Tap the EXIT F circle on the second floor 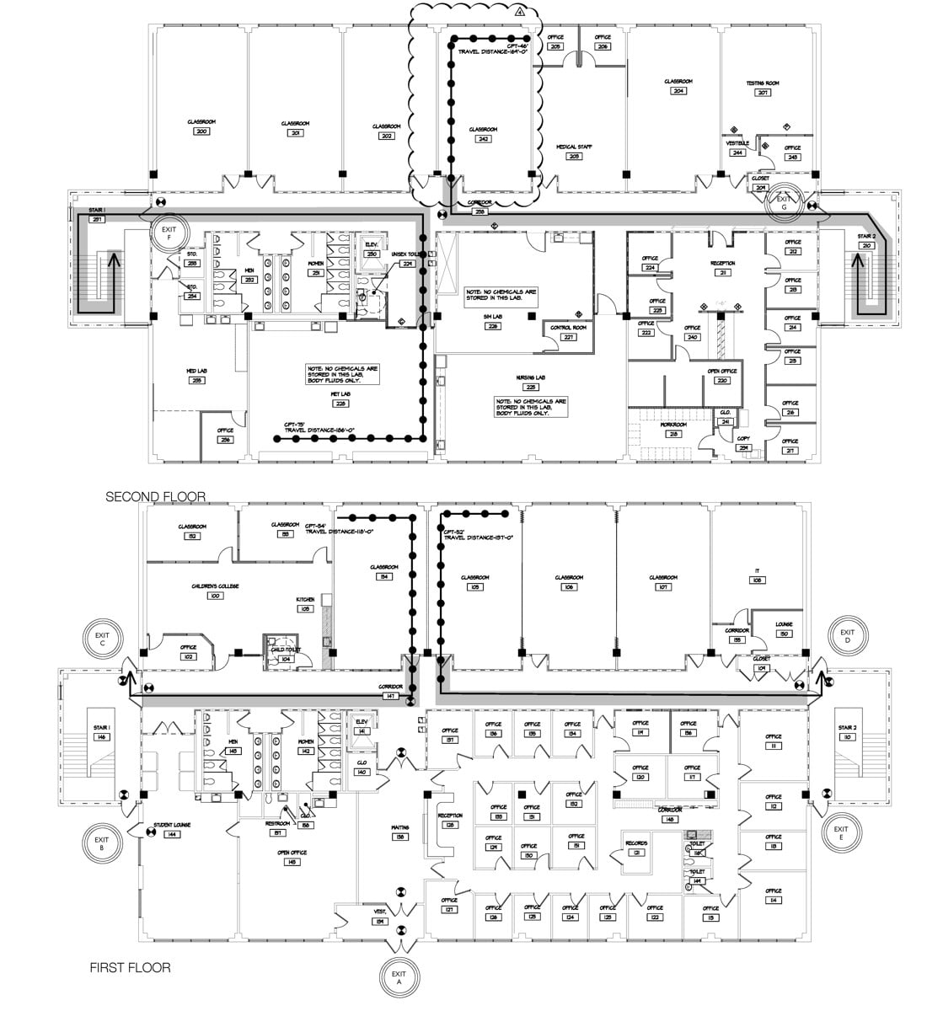169,233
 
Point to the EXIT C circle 102,639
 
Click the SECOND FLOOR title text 155,497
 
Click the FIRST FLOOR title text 130,968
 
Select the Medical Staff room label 574,150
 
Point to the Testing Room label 762,87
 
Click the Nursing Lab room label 532,381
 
